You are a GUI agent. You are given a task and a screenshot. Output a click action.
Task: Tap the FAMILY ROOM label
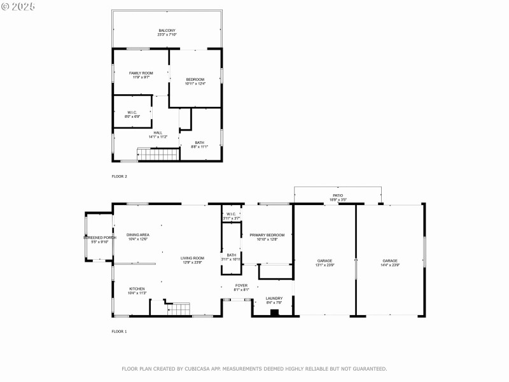tap(141, 75)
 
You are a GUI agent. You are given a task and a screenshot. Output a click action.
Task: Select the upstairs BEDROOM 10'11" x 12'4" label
tap(195, 81)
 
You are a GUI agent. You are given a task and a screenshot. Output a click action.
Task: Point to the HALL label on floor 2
tap(157, 134)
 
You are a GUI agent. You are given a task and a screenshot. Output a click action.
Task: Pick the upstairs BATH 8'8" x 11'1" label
tap(199, 145)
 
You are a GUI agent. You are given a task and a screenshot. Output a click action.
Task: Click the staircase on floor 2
tap(157, 154)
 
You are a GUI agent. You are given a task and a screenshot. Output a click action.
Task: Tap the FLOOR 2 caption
tap(119, 176)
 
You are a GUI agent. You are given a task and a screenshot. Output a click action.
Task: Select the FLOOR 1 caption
tap(119, 331)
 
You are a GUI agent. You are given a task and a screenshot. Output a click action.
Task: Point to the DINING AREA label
tap(137, 237)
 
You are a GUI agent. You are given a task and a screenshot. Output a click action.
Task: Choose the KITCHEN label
tap(137, 291)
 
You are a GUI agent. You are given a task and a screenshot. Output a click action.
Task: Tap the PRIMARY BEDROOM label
tap(267, 237)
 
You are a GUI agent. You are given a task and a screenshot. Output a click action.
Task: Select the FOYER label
tap(241, 287)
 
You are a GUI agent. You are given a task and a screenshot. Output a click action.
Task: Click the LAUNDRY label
tap(274, 300)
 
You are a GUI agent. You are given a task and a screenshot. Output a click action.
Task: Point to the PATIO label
tap(338, 197)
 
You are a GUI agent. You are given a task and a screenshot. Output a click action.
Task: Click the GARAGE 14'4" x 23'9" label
tap(390, 263)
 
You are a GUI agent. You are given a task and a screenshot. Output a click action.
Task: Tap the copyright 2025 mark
tap(18, 6)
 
